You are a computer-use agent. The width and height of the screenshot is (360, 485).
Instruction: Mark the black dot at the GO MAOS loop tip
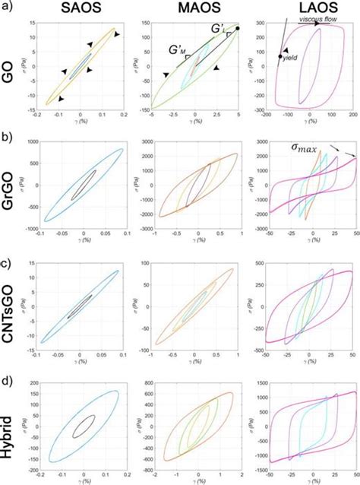click(238, 29)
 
